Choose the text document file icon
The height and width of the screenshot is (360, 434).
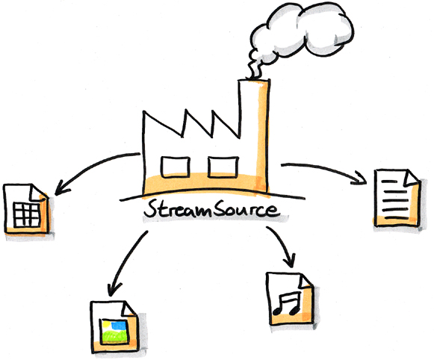click(x=395, y=197)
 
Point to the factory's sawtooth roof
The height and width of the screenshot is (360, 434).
click(x=187, y=123)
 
